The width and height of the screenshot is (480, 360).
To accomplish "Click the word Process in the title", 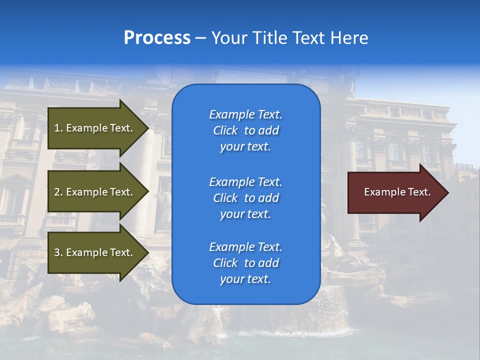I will pyautogui.click(x=157, y=38).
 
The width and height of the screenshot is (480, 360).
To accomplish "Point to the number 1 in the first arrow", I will pyautogui.click(x=57, y=128).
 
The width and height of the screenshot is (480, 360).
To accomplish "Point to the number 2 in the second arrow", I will pyautogui.click(x=57, y=192).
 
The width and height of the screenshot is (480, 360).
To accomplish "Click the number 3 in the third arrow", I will pyautogui.click(x=57, y=252).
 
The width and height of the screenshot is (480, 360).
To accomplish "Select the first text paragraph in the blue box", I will pyautogui.click(x=245, y=130).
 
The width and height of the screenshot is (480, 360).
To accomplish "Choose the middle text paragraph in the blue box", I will pyautogui.click(x=245, y=198).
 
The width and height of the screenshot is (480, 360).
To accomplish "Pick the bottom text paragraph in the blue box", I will pyautogui.click(x=245, y=263).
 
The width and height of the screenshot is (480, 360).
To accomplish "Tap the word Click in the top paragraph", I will pyautogui.click(x=225, y=131).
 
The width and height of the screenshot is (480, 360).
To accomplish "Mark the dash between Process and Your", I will pyautogui.click(x=200, y=38).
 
